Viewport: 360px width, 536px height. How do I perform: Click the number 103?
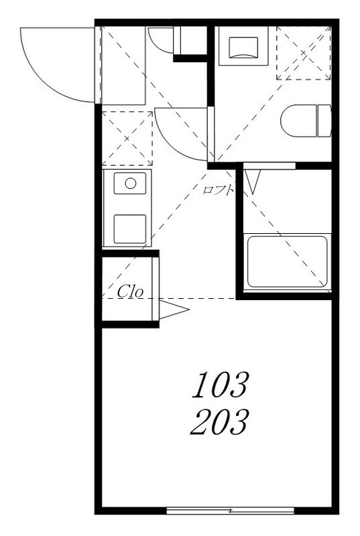[220, 385]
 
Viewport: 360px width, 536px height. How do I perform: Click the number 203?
[219, 422]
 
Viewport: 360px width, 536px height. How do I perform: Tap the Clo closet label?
[130, 291]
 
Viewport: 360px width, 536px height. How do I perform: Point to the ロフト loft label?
[218, 190]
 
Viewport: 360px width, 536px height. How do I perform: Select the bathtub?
[287, 261]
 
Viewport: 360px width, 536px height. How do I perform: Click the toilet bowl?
[298, 121]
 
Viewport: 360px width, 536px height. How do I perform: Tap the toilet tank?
[324, 121]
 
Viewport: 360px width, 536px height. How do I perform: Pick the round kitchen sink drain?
[131, 184]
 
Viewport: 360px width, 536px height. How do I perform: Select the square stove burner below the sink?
[130, 229]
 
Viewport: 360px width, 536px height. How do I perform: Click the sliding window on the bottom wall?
[231, 511]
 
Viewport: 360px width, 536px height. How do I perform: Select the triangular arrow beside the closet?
[174, 310]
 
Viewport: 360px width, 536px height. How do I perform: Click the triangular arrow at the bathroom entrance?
[253, 182]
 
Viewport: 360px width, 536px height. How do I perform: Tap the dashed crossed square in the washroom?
[304, 53]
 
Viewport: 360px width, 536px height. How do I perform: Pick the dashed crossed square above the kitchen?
[127, 139]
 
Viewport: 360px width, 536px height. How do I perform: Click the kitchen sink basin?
[130, 184]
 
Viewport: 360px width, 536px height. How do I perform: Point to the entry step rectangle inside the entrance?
[124, 66]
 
